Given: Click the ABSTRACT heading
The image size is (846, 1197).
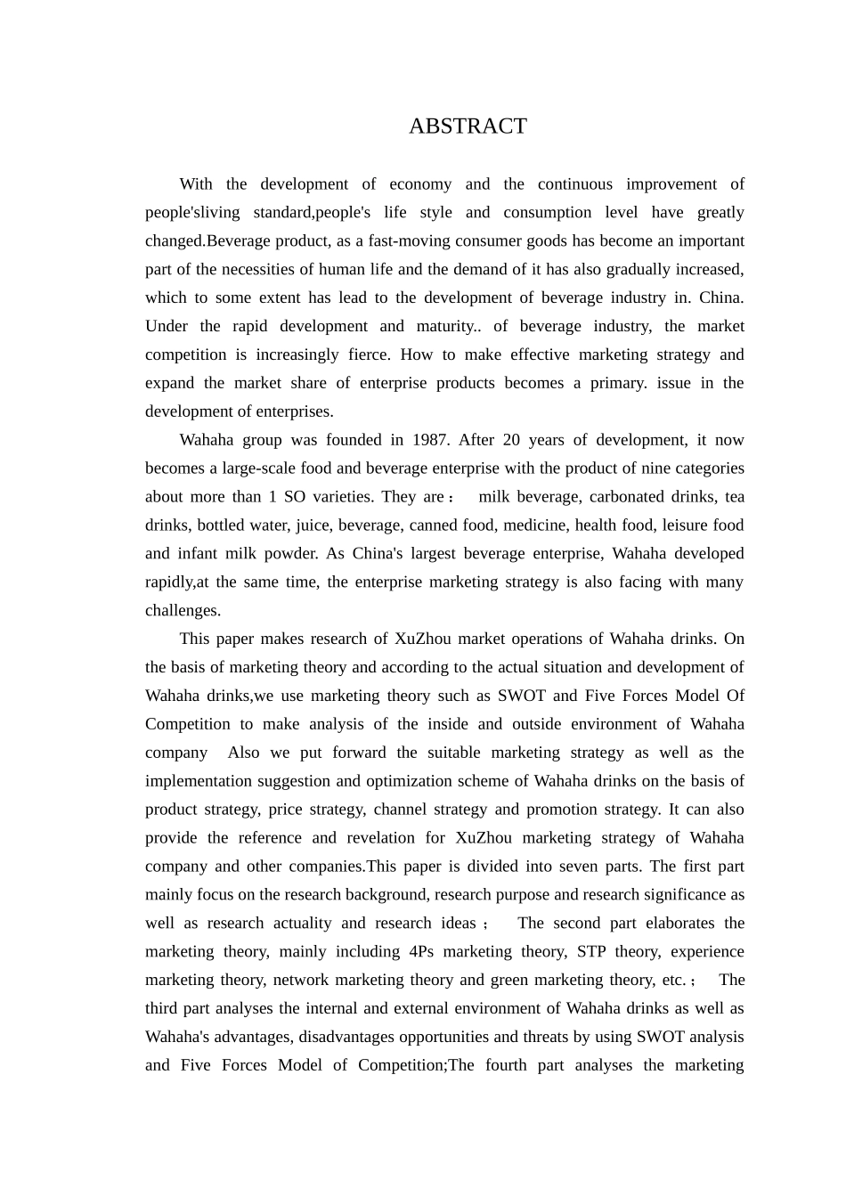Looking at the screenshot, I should [x=468, y=126].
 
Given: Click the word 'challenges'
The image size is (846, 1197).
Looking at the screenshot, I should [x=182, y=611].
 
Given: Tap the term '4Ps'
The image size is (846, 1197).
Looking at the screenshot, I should [x=422, y=952].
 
